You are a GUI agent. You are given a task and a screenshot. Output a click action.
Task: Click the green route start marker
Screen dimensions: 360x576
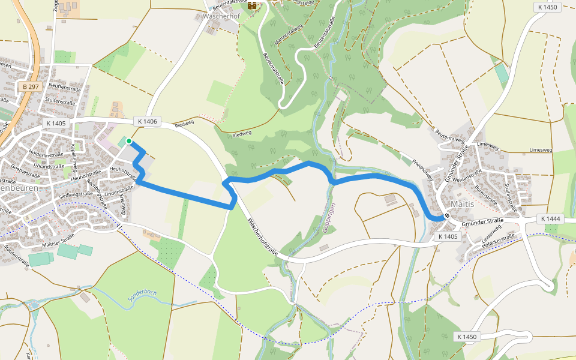click(x=128, y=141)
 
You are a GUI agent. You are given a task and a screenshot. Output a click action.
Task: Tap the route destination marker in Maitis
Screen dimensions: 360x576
click(x=446, y=216)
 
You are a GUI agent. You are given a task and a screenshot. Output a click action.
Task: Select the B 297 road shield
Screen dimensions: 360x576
click(x=30, y=87)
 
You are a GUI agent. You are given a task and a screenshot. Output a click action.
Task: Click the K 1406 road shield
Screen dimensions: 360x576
click(x=147, y=121)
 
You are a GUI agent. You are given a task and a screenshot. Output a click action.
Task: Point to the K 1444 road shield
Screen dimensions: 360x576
click(x=549, y=219)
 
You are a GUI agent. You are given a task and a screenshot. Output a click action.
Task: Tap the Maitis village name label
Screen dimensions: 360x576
click(x=462, y=204)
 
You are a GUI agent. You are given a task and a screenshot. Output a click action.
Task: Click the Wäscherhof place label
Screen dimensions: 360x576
click(x=221, y=16)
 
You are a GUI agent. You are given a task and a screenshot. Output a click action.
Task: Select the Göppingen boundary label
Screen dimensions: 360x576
click(x=332, y=218)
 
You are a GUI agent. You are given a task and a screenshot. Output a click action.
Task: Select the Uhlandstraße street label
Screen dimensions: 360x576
click(x=49, y=164)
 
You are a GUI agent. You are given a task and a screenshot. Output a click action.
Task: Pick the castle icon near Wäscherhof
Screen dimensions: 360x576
click(x=253, y=5)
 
